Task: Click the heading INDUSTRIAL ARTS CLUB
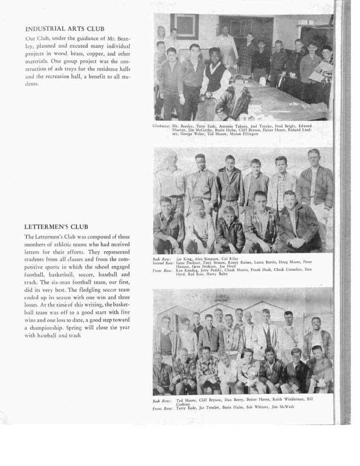tap(65, 29)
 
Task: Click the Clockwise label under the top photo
tap(162, 126)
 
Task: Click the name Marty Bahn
tap(217, 274)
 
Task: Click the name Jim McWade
tap(282, 407)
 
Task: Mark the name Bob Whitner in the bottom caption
tap(256, 407)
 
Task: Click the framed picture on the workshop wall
tap(184, 27)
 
